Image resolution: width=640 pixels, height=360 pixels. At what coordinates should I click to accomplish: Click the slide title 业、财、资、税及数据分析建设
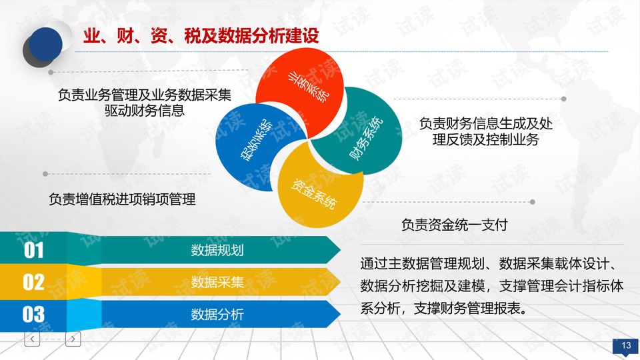[x=200, y=35]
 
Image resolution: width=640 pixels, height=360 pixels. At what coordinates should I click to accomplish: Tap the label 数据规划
[x=217, y=250]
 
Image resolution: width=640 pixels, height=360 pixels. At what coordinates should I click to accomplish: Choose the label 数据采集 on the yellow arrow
[x=217, y=282]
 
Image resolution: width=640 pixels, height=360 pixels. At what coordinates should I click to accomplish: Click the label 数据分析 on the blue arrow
[x=217, y=314]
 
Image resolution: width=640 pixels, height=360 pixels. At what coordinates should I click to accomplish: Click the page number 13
[x=625, y=345]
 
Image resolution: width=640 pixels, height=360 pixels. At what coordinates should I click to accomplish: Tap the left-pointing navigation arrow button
[x=32, y=339]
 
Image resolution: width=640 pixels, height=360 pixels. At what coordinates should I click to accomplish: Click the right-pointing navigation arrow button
[x=73, y=339]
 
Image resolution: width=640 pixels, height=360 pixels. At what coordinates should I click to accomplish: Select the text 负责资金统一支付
[x=454, y=225]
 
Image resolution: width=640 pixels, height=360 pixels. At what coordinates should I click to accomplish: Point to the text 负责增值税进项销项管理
[x=122, y=199]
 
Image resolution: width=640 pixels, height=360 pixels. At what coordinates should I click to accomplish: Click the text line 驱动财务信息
[x=145, y=111]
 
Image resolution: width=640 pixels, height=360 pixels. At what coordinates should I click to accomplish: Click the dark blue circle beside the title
[x=45, y=45]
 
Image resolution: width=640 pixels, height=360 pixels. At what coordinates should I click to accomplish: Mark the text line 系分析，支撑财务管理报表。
[x=443, y=309]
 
